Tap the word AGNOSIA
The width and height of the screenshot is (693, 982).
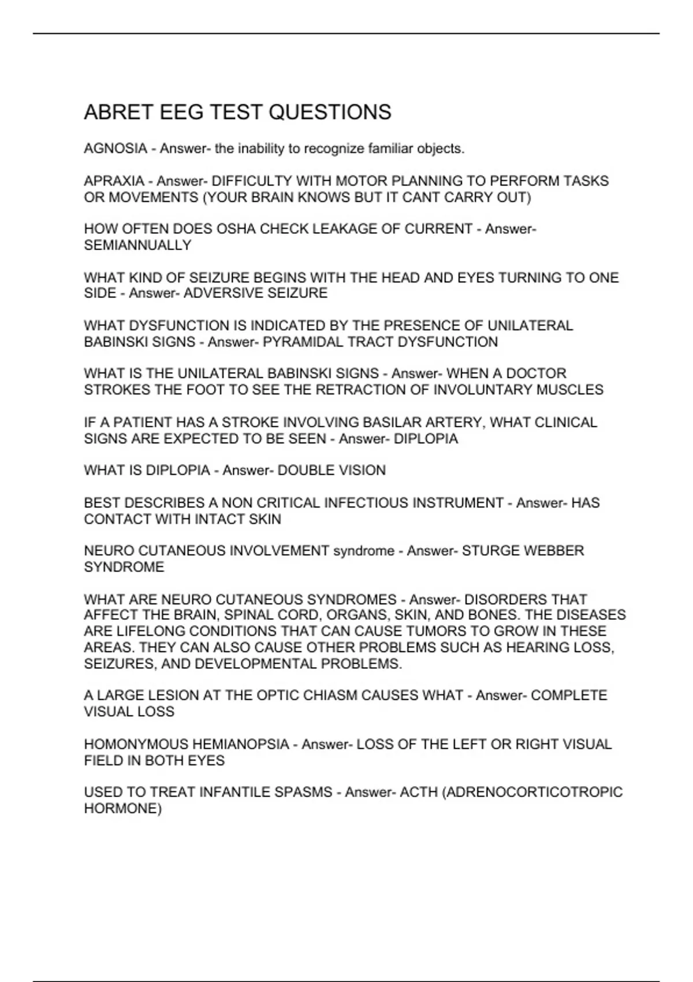tap(115, 149)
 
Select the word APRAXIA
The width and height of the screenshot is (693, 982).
tap(114, 181)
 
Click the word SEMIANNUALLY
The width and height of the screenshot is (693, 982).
tap(137, 245)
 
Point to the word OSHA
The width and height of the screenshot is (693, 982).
tap(236, 229)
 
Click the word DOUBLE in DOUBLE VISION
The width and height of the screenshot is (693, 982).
tap(304, 471)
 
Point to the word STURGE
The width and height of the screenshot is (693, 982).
tap(490, 551)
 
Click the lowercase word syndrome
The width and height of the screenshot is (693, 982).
tap(364, 551)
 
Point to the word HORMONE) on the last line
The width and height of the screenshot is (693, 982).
tap(123, 809)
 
